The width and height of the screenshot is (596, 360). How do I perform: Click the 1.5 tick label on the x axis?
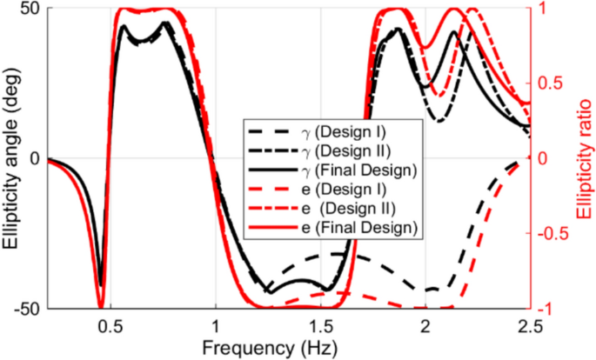point(321,325)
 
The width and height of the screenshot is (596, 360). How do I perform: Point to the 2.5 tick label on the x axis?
point(529,325)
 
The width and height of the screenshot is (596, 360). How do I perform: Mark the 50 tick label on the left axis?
point(29,9)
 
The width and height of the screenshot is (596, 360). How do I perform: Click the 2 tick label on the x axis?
point(426,325)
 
